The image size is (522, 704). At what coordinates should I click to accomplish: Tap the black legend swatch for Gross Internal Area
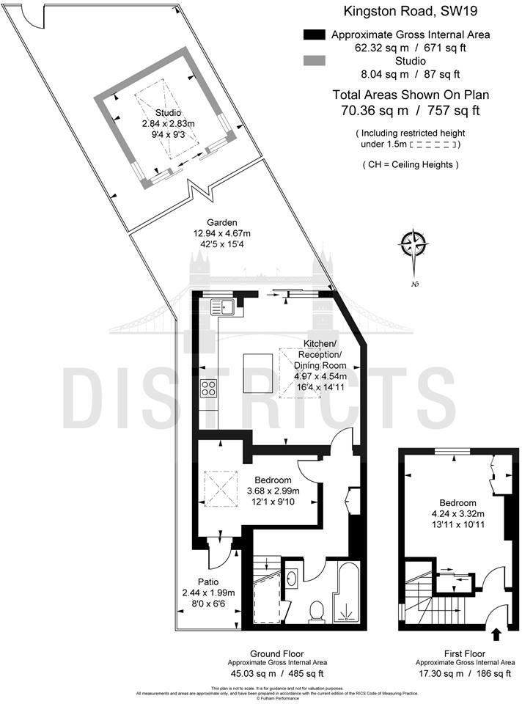313,34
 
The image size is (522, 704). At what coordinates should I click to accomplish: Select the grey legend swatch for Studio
313,60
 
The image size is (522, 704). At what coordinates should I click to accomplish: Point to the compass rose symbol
415,243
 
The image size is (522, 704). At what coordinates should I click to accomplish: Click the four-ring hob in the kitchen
208,388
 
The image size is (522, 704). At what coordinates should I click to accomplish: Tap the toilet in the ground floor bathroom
317,610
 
